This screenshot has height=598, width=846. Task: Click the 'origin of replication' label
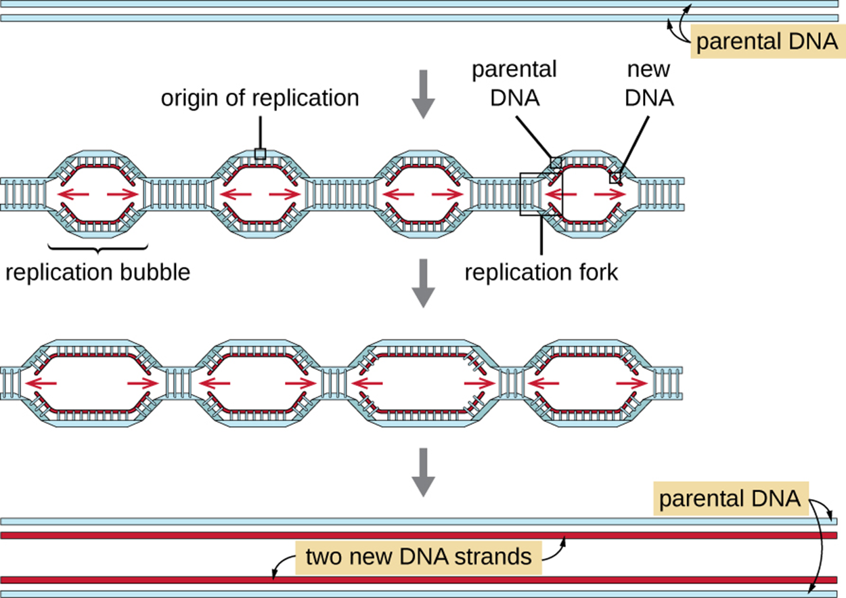point(259,98)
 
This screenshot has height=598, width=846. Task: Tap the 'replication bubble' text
point(98,272)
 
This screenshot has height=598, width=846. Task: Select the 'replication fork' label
point(541,272)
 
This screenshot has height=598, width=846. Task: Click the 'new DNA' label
point(649,83)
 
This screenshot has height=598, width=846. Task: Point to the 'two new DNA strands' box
point(418,557)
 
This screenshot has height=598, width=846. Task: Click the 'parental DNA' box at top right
point(767,42)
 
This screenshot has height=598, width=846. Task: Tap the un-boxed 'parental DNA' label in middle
point(514,83)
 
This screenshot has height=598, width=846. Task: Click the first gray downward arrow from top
point(423,93)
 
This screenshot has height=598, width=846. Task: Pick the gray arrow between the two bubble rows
point(423,282)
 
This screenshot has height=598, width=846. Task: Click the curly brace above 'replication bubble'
point(98,248)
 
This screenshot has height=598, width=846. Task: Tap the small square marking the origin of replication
point(260,154)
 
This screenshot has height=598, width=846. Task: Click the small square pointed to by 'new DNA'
point(615,178)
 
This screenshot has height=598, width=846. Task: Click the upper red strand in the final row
point(406,535)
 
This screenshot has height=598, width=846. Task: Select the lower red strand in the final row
point(406,580)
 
